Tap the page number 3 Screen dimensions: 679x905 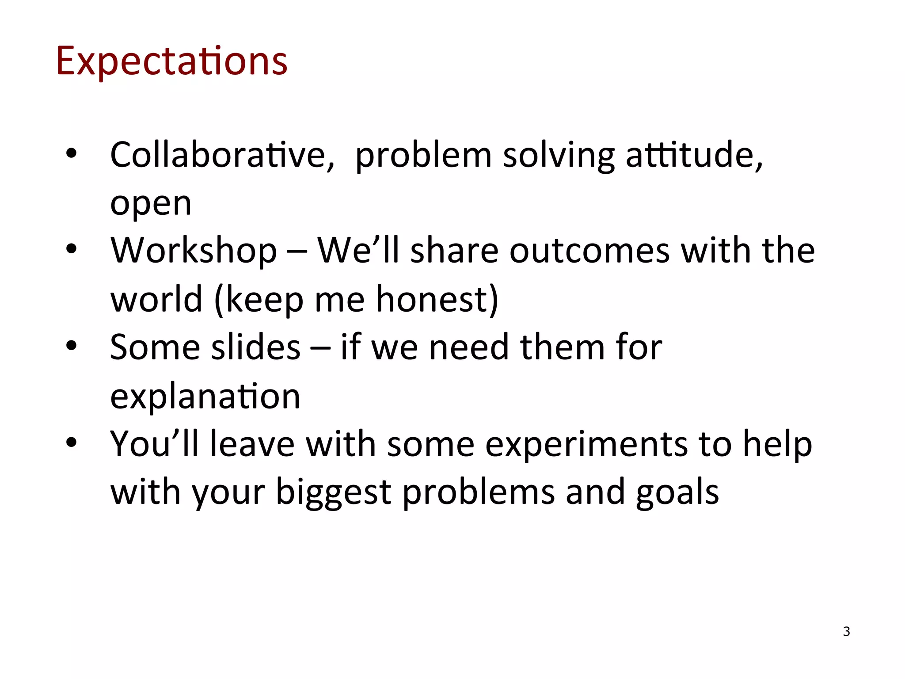[846, 631]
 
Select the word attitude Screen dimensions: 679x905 [694, 155]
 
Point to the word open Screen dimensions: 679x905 [151, 205]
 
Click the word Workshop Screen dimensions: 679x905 [194, 251]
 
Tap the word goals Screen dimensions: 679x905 [677, 492]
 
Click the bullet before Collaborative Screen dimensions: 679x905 [71, 153]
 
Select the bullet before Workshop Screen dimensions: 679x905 [71, 249]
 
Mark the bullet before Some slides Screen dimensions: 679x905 [71, 346]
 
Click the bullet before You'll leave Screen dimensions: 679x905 [71, 442]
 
